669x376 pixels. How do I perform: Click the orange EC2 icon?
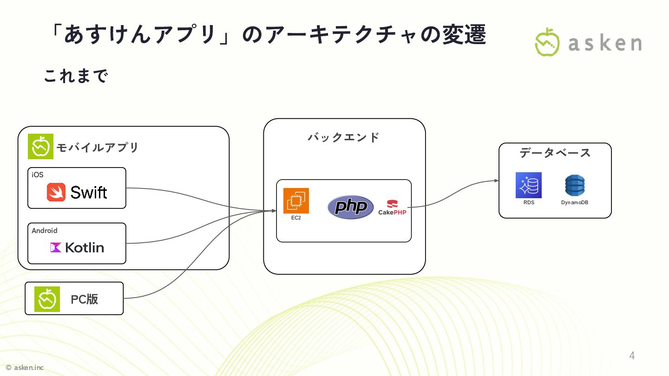(x=296, y=201)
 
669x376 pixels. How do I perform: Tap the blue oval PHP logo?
(x=350, y=207)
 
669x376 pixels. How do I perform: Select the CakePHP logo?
(x=393, y=207)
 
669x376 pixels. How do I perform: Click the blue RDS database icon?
(x=528, y=185)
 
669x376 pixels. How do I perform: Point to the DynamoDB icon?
(x=575, y=186)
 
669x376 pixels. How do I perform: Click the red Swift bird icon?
(x=56, y=192)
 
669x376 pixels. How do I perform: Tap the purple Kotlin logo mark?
(x=56, y=247)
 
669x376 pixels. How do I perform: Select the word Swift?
(x=89, y=192)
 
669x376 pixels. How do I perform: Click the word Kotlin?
(x=85, y=247)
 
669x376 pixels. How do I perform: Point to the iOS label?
(x=38, y=175)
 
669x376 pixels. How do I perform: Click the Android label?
(x=45, y=230)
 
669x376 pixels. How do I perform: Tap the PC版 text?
(x=85, y=299)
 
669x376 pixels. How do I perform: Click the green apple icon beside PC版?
(x=47, y=299)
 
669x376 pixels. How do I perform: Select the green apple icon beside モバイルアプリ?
(x=40, y=147)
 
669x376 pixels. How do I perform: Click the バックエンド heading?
(x=344, y=137)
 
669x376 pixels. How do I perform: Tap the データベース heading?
(x=555, y=153)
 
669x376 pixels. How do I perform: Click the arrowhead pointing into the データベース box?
(x=497, y=181)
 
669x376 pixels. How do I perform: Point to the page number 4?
(x=632, y=356)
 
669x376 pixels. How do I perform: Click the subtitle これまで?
(x=76, y=76)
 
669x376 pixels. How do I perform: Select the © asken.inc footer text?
(x=25, y=368)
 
